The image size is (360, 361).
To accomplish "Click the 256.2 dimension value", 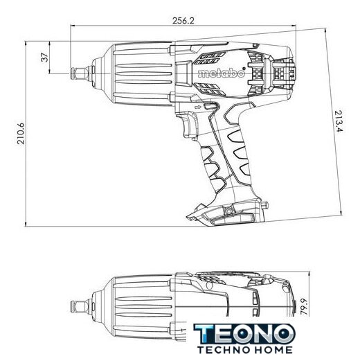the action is coord(183,21).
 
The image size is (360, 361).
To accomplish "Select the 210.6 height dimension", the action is coord(21,134).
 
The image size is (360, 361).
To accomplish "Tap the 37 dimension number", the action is coord(45,58).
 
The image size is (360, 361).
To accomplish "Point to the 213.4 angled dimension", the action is coord(339,121).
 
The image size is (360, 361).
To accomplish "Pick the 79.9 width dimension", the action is coord(304,307).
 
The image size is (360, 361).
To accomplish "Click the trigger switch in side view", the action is coord(190,125).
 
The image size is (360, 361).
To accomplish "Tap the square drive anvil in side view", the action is coord(80,73).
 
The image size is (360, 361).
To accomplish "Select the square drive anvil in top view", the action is coord(80,306).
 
